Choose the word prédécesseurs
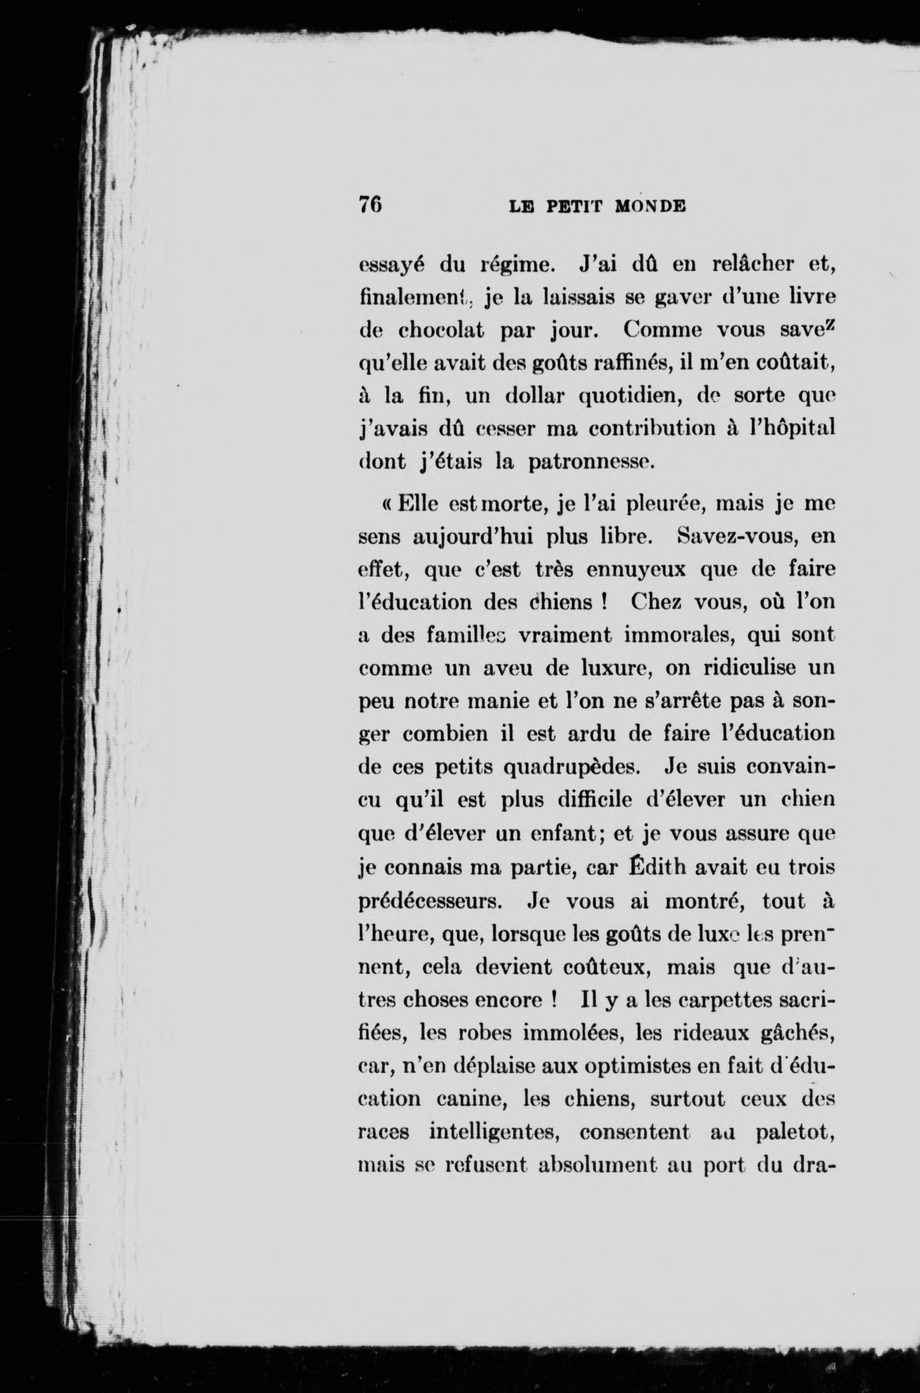[x=428, y=901]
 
